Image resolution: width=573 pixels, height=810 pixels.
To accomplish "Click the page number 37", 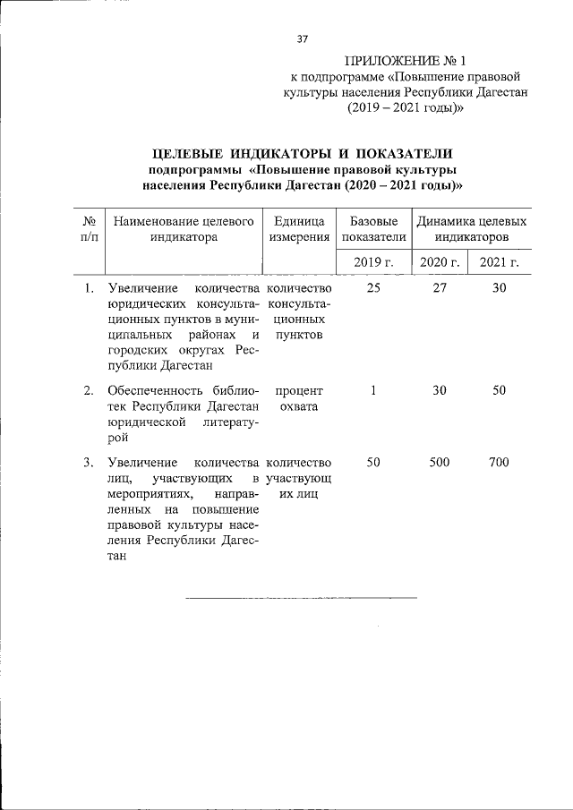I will [302, 38].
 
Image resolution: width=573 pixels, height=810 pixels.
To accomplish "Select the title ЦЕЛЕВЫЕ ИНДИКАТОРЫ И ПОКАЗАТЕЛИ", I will [302, 153].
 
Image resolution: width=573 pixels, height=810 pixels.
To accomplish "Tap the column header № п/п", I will [90, 229].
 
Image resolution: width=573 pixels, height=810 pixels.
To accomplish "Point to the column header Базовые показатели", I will [373, 229].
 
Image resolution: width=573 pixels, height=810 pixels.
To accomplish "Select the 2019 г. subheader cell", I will [373, 261].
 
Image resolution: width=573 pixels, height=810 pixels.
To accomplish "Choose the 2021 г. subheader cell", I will [499, 261].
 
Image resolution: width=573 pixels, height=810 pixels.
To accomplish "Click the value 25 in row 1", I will [373, 288].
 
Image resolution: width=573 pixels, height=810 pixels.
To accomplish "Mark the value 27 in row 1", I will [440, 288].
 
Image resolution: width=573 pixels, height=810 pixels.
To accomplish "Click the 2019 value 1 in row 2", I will [373, 390].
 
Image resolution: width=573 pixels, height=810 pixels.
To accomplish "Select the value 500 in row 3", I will [440, 462].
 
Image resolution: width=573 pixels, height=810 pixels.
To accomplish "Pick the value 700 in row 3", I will [499, 462].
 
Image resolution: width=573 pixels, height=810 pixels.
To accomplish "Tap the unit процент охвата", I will [299, 398].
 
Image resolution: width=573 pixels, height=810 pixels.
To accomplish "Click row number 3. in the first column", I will [89, 462].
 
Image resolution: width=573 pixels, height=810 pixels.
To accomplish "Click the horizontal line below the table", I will [302, 597].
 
